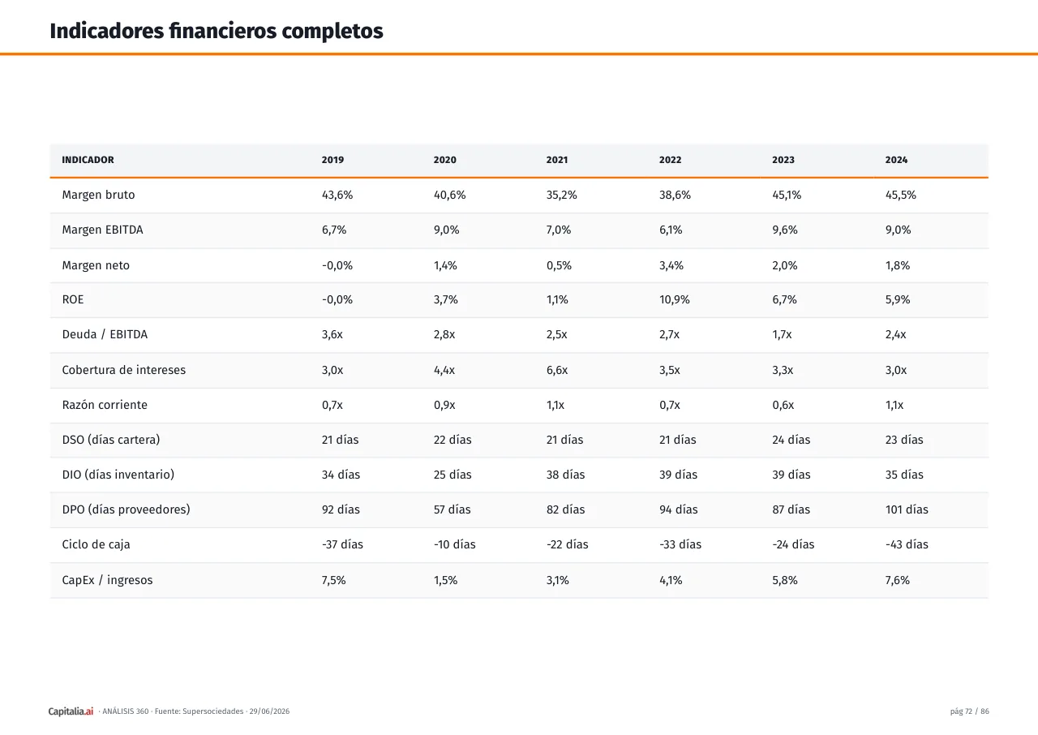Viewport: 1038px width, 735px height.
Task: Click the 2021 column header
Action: click(556, 160)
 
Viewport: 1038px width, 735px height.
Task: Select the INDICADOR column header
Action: click(88, 160)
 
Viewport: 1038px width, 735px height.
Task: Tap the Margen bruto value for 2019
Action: click(337, 195)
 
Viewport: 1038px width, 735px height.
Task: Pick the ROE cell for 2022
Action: click(674, 300)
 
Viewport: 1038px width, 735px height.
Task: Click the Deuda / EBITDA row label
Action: click(105, 334)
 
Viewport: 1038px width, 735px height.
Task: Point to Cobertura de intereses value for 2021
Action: click(556, 370)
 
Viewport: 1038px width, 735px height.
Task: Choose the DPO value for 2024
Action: click(907, 509)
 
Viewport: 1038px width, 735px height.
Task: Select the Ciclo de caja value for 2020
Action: click(454, 544)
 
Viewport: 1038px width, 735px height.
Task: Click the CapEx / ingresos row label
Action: click(107, 580)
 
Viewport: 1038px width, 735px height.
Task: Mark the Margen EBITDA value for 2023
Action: click(784, 230)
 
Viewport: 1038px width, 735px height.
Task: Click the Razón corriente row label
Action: click(105, 405)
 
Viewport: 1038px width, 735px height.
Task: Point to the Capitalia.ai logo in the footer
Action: click(71, 711)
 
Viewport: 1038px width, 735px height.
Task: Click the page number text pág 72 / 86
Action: click(969, 711)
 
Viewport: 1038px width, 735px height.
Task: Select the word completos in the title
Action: click(332, 31)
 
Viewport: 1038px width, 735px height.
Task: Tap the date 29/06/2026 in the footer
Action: click(269, 711)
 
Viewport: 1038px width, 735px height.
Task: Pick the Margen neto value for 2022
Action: click(671, 266)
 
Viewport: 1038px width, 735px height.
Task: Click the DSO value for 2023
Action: click(791, 440)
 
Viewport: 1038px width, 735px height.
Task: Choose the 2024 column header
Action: click(896, 160)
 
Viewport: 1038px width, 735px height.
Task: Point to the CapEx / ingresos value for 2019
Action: click(333, 581)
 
